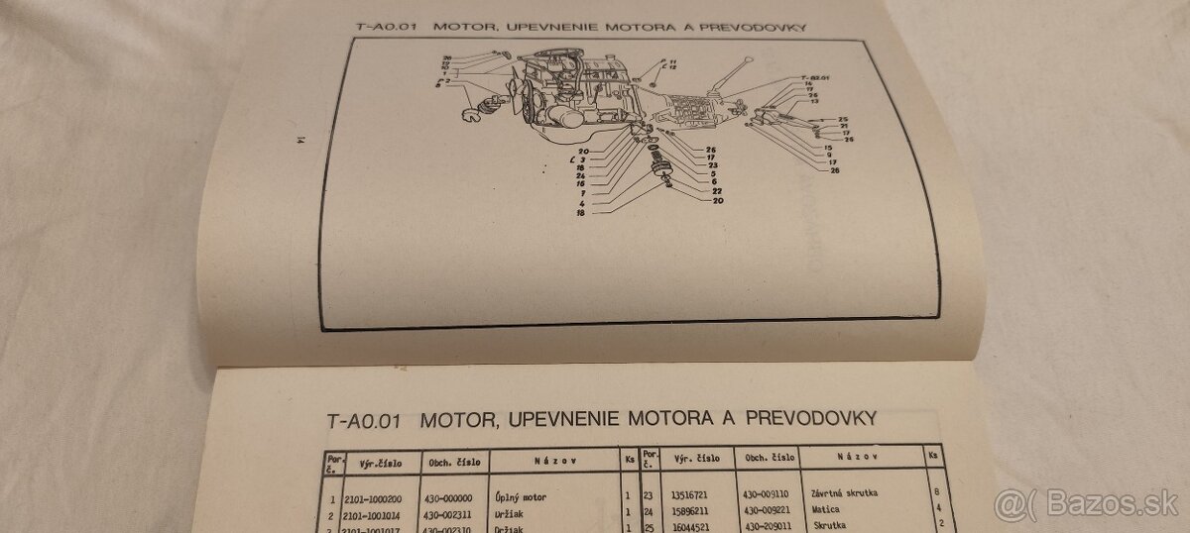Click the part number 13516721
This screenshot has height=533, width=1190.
pos(699,492)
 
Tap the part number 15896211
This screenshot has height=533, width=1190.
pos(699,509)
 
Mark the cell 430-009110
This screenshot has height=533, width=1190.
pos(769,492)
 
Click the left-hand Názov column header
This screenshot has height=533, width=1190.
pos(550,461)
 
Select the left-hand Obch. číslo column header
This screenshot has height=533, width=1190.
pos(452,461)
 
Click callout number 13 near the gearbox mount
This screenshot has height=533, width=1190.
pos(813,102)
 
